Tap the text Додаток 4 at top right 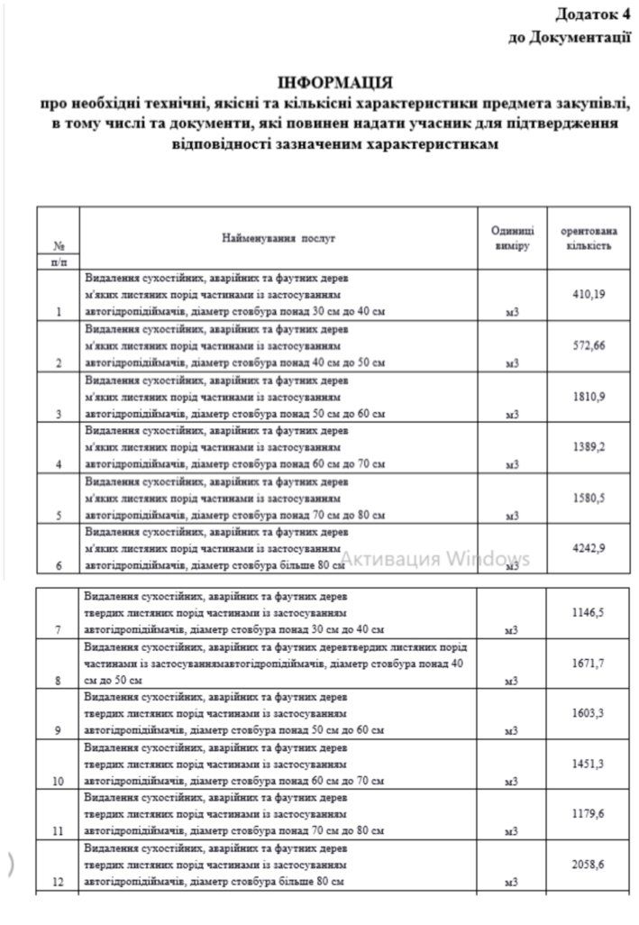tap(592, 15)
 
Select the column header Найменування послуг tap(278, 239)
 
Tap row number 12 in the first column tap(58, 884)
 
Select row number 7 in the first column tap(58, 629)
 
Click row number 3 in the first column tap(58, 414)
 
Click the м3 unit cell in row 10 tap(512, 782)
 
